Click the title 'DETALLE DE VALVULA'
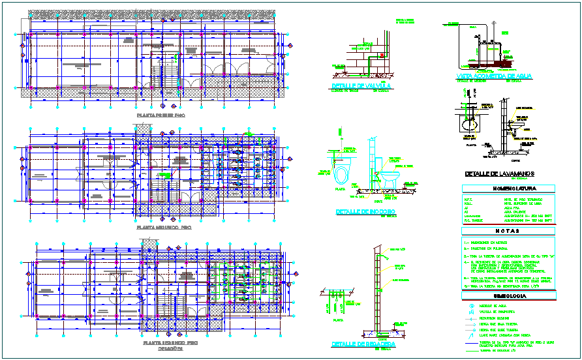[x=361, y=85]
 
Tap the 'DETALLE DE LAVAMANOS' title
[x=499, y=173]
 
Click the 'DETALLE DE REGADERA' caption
[x=361, y=344]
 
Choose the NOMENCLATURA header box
[x=508, y=188]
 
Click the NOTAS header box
[x=508, y=231]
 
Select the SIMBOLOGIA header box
[x=508, y=296]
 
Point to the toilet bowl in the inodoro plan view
[x=341, y=175]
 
